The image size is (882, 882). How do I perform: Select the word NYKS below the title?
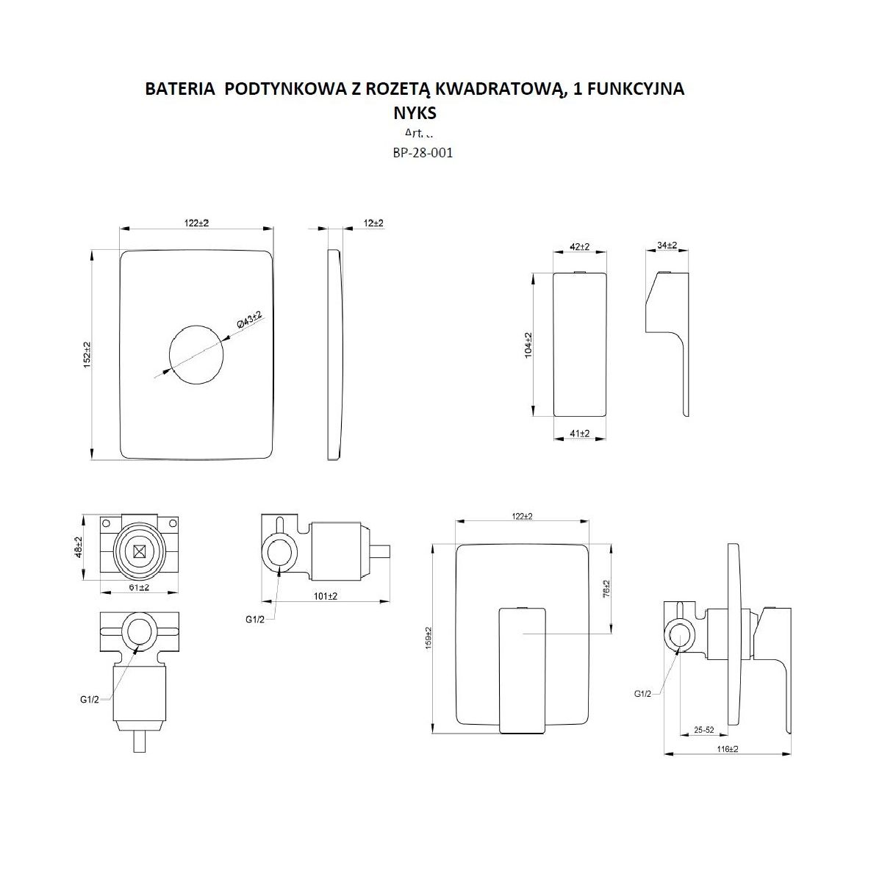(415, 113)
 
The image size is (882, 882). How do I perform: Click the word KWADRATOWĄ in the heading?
(497, 90)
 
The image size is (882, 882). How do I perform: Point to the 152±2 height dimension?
(87, 354)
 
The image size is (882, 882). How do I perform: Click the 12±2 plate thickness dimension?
(373, 223)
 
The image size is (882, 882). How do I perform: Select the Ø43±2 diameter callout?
(249, 321)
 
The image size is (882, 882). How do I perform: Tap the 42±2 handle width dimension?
(580, 247)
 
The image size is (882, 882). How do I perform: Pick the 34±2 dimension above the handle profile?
(666, 245)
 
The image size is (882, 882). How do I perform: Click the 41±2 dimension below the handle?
(580, 434)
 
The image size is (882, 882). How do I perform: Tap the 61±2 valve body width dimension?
(139, 587)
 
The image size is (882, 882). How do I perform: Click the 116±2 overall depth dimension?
(727, 749)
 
